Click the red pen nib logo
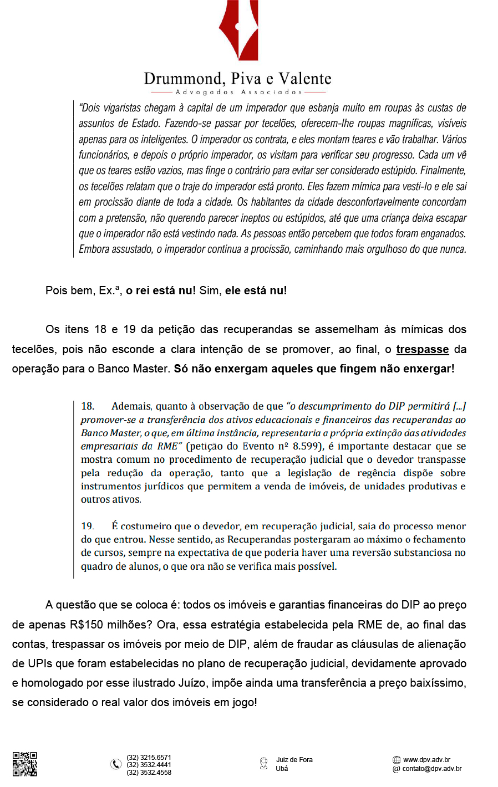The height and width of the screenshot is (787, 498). [x=239, y=30]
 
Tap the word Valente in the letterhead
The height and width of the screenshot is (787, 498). [x=305, y=79]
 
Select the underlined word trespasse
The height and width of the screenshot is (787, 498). [x=423, y=349]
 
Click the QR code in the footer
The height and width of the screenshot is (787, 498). [x=25, y=764]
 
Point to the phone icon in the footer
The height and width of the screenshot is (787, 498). [x=116, y=764]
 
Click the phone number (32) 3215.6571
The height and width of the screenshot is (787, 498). [x=149, y=757]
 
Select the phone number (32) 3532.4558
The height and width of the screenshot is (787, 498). [x=149, y=772]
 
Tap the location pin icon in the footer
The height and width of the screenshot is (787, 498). [x=263, y=764]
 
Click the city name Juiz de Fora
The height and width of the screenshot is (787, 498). [x=294, y=760]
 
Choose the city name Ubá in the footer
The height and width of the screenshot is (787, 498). [x=282, y=769]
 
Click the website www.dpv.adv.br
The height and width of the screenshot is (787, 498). [x=426, y=760]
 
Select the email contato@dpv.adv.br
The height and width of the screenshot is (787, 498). [x=431, y=769]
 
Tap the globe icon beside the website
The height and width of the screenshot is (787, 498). [x=396, y=760]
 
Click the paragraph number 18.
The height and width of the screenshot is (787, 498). [x=88, y=406]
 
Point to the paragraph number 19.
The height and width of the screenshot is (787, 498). [x=88, y=526]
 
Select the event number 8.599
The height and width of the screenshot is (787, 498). [x=306, y=446]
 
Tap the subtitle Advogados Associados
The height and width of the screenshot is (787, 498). [x=238, y=92]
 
